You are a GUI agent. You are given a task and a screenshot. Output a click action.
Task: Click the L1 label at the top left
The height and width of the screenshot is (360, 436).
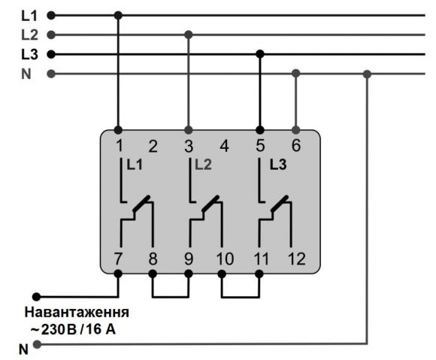29,16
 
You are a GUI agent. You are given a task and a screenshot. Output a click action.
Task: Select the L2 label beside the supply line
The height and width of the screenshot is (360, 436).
29,35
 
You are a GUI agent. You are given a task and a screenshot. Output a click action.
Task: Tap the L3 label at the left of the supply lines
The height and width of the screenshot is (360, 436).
29,54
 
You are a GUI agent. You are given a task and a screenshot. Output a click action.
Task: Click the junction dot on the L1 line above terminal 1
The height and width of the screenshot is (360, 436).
118,15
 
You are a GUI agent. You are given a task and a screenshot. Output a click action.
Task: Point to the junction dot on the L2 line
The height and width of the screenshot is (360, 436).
189,35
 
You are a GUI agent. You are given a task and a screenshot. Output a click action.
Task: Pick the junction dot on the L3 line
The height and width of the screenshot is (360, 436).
260,53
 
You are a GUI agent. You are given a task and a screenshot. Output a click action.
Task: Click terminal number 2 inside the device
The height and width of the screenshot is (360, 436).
153,147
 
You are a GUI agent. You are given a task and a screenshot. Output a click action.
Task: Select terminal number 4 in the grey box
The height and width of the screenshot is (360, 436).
225,147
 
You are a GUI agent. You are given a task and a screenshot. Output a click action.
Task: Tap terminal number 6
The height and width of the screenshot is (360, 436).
296,145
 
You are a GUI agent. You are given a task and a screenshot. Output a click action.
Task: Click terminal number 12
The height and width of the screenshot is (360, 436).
297,259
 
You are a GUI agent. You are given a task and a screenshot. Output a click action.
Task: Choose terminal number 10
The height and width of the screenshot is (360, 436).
226,259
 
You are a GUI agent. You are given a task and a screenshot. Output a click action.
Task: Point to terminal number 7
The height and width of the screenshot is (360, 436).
118,259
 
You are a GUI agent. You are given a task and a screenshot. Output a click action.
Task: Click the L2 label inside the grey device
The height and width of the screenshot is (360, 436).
203,165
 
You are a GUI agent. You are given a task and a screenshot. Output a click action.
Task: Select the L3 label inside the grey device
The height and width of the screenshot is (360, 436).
278,165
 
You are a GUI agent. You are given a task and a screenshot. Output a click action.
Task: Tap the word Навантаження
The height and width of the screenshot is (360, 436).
77,313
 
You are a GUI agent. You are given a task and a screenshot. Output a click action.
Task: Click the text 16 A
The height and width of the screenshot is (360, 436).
101,329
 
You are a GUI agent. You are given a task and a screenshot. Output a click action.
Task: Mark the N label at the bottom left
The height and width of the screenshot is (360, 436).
23,349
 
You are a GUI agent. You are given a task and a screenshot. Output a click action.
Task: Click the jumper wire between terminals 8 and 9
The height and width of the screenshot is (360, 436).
171,297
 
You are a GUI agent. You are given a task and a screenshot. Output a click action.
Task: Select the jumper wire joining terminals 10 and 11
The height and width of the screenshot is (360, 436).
241,297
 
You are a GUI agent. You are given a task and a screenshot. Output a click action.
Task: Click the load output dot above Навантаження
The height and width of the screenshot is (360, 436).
36,297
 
